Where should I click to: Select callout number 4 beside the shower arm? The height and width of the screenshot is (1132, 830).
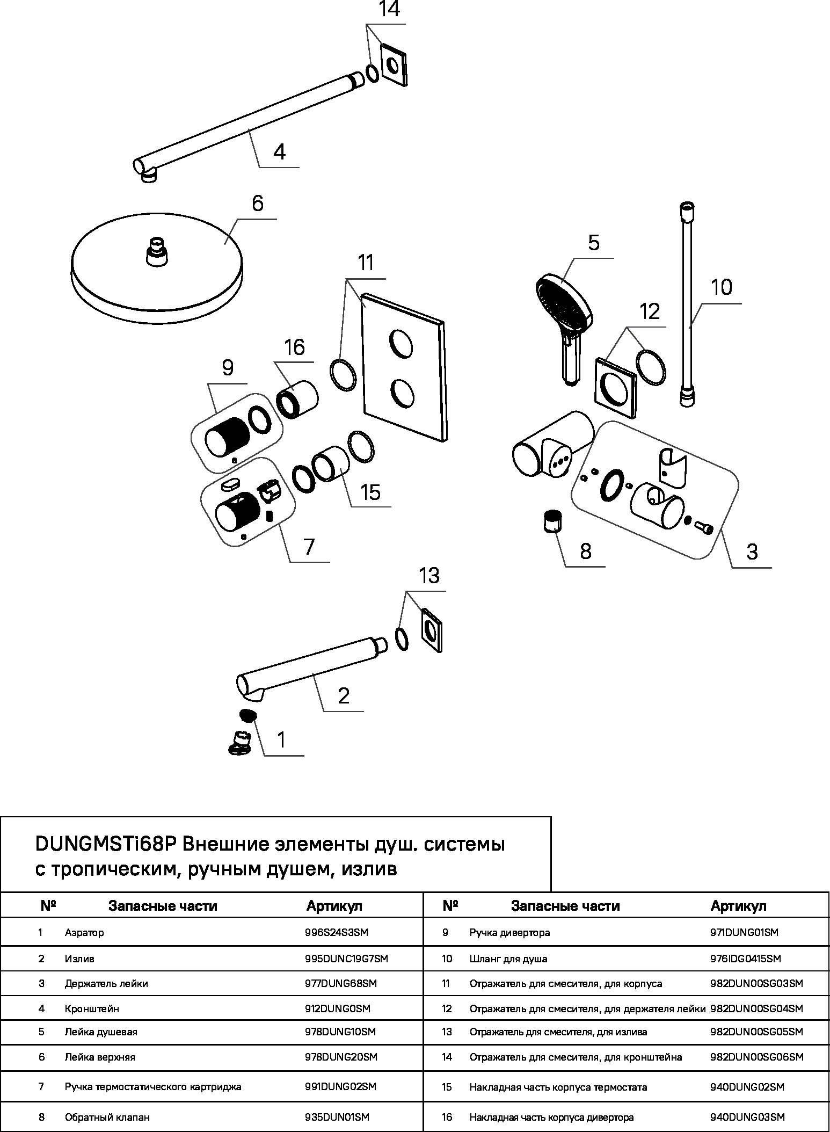click(279, 152)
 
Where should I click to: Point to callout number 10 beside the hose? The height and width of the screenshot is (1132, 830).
click(722, 287)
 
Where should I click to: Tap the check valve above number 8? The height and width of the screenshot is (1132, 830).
click(552, 521)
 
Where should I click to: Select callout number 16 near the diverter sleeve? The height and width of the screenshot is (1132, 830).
click(294, 347)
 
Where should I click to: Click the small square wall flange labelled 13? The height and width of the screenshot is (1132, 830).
click(431, 629)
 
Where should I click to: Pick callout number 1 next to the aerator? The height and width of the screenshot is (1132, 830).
click(281, 740)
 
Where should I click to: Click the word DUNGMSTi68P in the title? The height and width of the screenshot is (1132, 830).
click(106, 845)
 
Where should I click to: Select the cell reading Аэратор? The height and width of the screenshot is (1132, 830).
click(84, 932)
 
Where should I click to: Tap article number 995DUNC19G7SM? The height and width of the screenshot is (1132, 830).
click(346, 959)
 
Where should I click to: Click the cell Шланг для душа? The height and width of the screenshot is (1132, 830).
click(508, 959)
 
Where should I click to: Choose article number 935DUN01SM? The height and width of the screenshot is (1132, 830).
click(337, 1118)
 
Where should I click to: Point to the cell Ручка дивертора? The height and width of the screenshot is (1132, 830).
click(509, 932)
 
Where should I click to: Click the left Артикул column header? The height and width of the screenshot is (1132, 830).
click(334, 906)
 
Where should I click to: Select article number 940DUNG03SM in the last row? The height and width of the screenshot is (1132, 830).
click(747, 1118)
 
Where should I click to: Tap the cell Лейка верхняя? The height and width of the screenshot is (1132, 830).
click(100, 1057)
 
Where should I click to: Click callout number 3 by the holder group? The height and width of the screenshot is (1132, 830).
click(752, 552)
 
